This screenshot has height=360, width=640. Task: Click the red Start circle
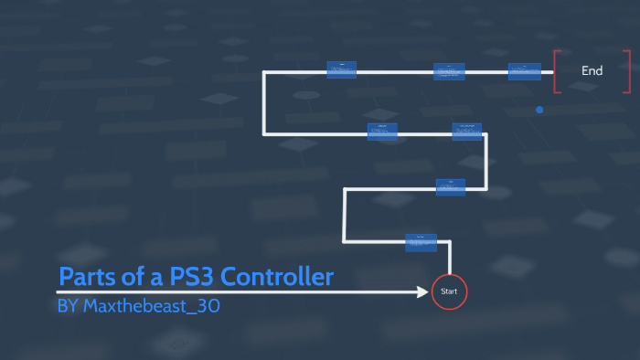449,291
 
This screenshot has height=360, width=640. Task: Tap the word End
592,70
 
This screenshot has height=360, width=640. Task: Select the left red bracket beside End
556,70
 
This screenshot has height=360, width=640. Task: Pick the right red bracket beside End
628,70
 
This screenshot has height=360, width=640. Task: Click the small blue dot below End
539,110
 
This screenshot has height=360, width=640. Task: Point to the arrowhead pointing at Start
427,291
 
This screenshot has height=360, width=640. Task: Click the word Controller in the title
278,277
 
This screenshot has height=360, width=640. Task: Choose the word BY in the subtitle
68,306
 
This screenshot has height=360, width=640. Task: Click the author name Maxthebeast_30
151,306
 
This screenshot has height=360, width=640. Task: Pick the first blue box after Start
421,242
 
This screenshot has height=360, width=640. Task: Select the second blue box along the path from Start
451,186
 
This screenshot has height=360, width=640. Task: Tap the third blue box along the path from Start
467,131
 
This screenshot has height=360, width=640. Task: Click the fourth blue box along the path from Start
382,131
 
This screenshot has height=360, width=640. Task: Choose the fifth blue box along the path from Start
341,69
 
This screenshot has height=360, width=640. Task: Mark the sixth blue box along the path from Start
449,70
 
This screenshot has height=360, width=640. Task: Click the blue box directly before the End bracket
524,70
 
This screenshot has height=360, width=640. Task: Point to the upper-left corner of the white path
264,71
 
